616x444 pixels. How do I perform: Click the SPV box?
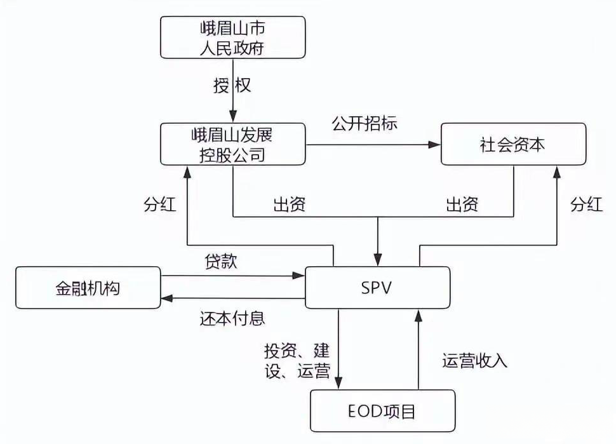point(378,288)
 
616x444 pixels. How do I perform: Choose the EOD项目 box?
point(382,411)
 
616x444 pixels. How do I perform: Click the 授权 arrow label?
point(232,85)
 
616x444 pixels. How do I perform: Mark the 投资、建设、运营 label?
point(297,360)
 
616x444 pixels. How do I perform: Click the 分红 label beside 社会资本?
point(586,205)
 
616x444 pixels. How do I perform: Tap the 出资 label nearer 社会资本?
point(461,205)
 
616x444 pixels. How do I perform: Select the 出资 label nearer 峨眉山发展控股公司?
point(290,205)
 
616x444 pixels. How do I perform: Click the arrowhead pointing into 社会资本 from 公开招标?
point(436,145)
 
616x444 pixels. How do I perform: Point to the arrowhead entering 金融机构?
point(166,298)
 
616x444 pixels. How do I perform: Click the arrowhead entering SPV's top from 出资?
point(378,261)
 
